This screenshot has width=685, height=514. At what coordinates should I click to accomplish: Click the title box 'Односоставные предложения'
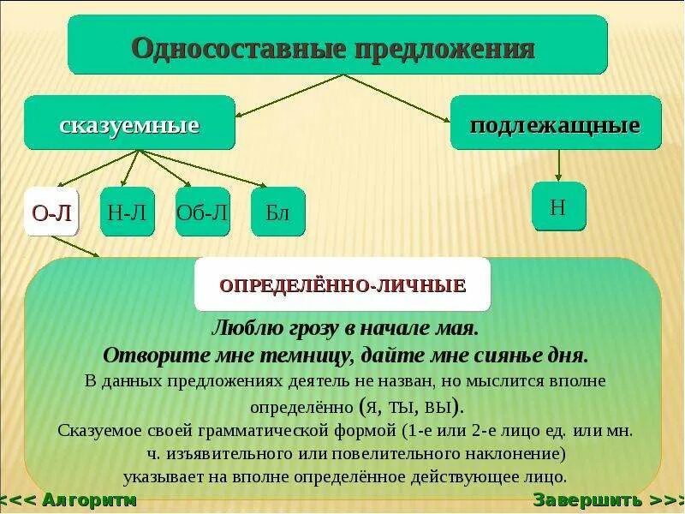point(337,45)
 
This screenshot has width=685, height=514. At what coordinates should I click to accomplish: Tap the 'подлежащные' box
point(556,125)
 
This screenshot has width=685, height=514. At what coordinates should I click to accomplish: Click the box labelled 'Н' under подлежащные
point(558,207)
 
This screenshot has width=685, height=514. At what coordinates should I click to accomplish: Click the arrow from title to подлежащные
point(398,100)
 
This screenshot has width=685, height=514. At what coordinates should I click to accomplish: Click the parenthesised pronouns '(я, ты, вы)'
point(411,405)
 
